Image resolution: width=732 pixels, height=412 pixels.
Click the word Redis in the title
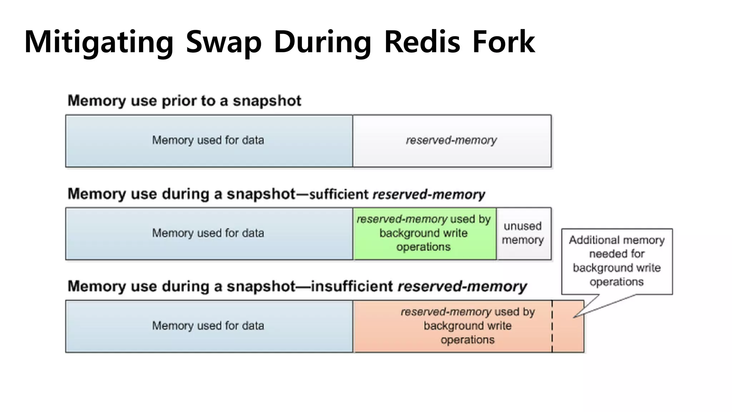[422, 42]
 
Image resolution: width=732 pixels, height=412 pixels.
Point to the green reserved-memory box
[424, 234]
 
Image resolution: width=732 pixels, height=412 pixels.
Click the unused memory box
[524, 234]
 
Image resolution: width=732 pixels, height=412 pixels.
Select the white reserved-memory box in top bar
[451, 141]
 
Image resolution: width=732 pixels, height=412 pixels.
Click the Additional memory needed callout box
[617, 261]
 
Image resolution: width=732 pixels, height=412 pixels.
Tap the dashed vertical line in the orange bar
[552, 326]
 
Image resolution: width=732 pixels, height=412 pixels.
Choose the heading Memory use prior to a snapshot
[184, 101]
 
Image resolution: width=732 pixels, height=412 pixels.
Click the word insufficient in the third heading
[352, 286]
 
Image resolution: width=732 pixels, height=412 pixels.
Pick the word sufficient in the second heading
[338, 194]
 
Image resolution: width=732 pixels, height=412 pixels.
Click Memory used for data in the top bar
[208, 141]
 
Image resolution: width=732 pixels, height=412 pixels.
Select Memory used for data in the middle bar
[208, 234]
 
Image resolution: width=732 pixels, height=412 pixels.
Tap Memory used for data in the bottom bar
[208, 326]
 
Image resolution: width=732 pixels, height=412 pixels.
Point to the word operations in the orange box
[467, 340]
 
